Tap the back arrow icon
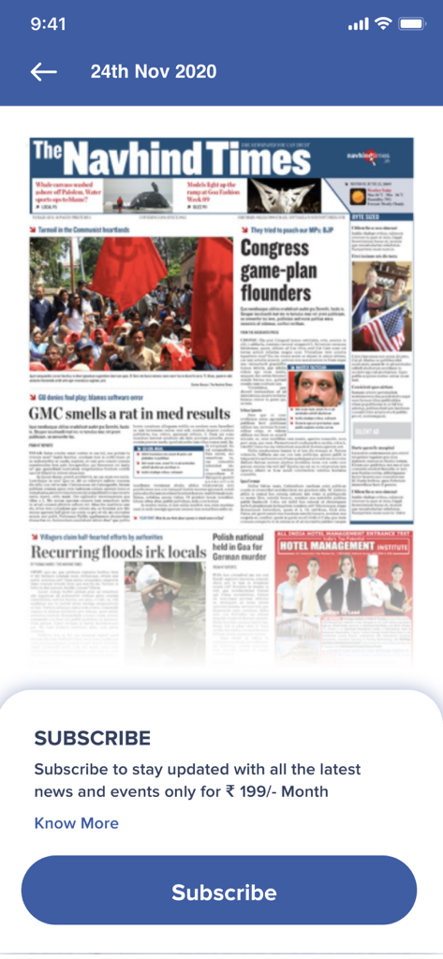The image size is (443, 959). coord(43,72)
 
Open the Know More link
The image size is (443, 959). coord(77,823)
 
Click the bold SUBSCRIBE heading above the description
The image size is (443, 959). coord(92,738)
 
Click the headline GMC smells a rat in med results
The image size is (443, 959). coord(130,413)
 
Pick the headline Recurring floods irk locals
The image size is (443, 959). coord(125,552)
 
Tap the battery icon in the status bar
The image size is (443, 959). coord(411,23)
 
